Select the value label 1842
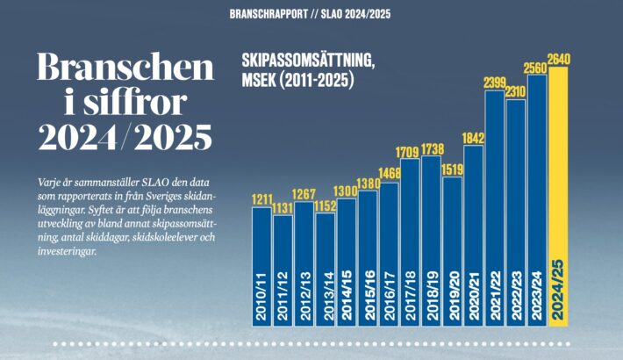point(474,138)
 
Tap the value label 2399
point(495,83)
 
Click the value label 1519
point(453,170)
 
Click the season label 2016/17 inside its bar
point(390,299)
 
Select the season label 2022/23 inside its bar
point(517,299)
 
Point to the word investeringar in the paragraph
point(68,251)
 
